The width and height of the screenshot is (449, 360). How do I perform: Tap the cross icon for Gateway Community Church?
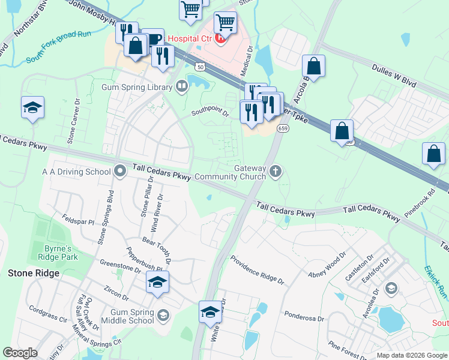(x=276, y=172)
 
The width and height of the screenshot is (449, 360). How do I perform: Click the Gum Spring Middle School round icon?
(x=163, y=314)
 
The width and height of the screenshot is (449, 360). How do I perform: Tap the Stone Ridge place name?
(x=34, y=273)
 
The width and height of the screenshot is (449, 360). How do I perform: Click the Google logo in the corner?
(x=20, y=352)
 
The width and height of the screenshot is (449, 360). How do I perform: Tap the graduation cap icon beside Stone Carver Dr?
(x=33, y=108)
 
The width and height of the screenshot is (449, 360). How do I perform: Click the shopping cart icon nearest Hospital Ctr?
(x=225, y=23)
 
